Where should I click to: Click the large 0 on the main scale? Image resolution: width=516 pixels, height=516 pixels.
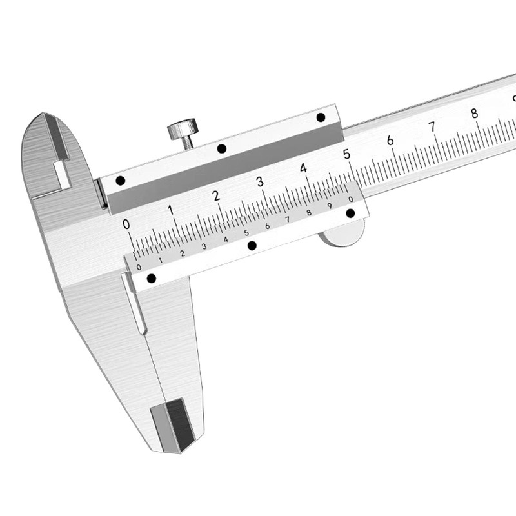126,224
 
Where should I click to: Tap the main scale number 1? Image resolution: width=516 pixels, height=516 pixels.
170,210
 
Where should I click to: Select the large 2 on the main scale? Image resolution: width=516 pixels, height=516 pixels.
216,196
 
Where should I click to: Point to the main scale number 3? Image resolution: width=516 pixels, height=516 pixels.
260,182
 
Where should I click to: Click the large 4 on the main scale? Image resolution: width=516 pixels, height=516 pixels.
303,168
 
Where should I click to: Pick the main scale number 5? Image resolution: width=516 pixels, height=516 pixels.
346,154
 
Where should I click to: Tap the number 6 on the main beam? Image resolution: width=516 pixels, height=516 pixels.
390,141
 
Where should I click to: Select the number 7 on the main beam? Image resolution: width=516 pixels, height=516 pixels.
432,126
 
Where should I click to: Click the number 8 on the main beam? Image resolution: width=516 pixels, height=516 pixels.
474,114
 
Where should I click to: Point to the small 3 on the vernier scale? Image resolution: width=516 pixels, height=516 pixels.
204,246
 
